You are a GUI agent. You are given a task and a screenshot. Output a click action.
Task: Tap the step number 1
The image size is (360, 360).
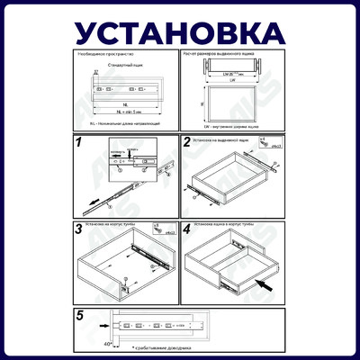79,142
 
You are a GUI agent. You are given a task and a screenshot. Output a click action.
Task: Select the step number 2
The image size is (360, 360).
187,142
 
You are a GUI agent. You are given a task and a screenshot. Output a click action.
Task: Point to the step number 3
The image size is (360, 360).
79,229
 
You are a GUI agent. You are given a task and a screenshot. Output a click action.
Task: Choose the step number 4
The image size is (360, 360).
187,229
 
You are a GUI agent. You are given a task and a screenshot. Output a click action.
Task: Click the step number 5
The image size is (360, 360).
80,315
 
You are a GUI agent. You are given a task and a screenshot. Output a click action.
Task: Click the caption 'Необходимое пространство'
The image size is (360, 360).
101,54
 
